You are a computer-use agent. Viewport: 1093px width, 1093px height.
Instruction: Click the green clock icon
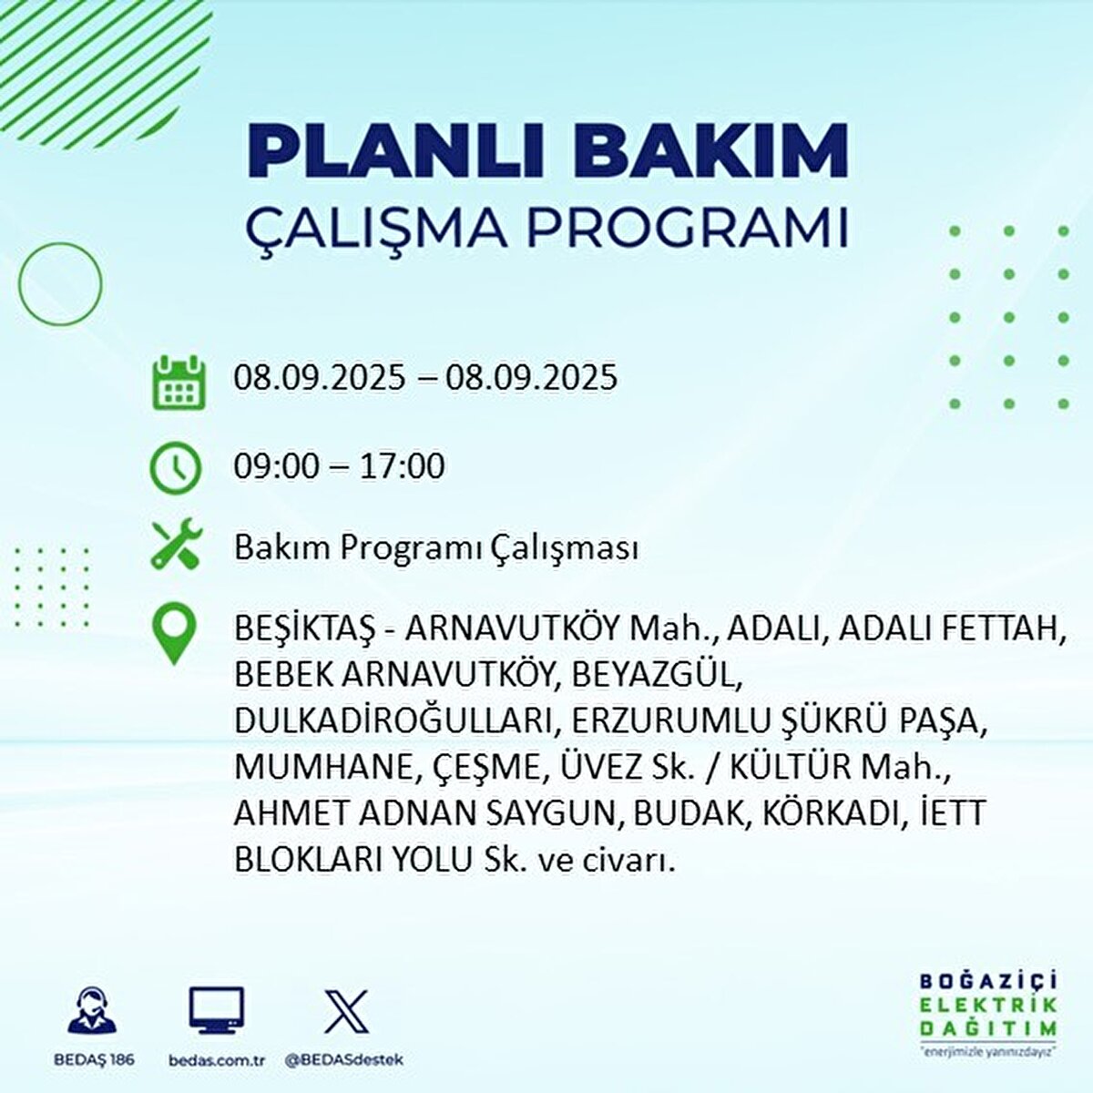pyautogui.click(x=175, y=467)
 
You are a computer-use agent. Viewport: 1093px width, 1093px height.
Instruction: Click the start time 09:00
pyautogui.click(x=277, y=466)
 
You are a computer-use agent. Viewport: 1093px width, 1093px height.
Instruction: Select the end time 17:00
pyautogui.click(x=402, y=466)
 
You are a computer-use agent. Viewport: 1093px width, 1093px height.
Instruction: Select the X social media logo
pyautogui.click(x=346, y=1012)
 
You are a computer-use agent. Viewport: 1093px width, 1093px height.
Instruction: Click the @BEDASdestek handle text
pyautogui.click(x=343, y=1060)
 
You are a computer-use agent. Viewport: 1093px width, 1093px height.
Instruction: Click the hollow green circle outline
pyautogui.click(x=60, y=284)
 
